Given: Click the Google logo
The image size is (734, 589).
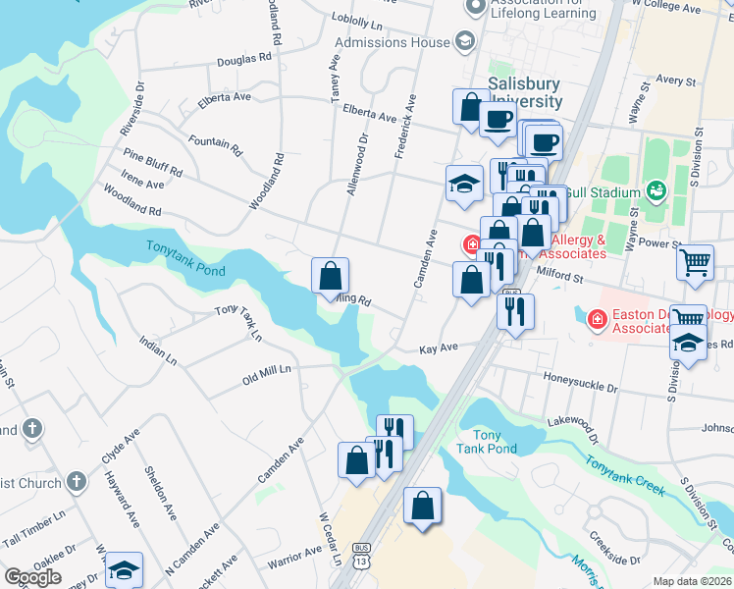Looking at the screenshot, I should click(32, 577).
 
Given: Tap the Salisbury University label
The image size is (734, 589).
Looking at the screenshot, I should click(525, 93).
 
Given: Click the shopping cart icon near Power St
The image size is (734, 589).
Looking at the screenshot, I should click(695, 262).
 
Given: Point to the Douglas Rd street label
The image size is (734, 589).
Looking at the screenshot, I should click(243, 59).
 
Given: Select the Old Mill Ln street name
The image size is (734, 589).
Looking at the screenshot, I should click(268, 372).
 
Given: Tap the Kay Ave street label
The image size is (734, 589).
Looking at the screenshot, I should click(439, 348).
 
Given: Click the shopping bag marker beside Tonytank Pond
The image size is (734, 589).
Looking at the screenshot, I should click(331, 275).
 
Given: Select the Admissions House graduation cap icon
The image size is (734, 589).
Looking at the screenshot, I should click(463, 42).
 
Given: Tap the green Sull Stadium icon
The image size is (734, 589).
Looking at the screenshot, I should click(655, 192).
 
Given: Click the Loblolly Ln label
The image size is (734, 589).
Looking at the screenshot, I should click(356, 19).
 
